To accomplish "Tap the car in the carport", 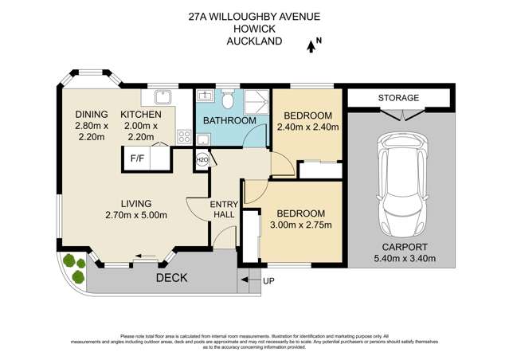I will [x=404, y=184].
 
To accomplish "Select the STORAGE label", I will [x=398, y=98].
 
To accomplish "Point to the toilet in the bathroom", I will [x=228, y=100].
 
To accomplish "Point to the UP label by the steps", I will [x=268, y=280].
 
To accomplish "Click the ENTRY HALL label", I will [x=224, y=211].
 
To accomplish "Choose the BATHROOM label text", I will [x=229, y=121].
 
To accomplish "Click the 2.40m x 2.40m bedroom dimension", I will [x=308, y=126].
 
